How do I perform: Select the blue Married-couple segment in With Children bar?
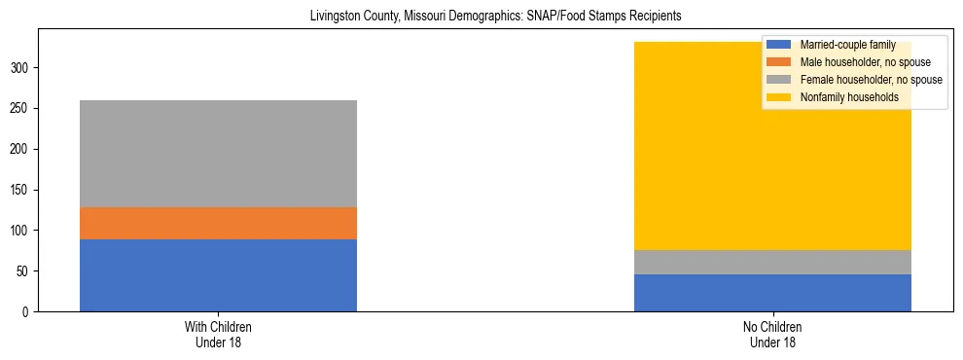218,275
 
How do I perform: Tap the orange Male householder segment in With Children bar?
218,223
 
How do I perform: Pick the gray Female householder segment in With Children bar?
218,154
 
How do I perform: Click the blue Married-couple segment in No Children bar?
772,293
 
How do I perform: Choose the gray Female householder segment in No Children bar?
772,263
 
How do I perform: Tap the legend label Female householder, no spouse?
871,80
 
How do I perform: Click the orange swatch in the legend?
779,62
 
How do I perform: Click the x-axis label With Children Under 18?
218,335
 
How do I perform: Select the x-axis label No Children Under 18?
772,335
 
